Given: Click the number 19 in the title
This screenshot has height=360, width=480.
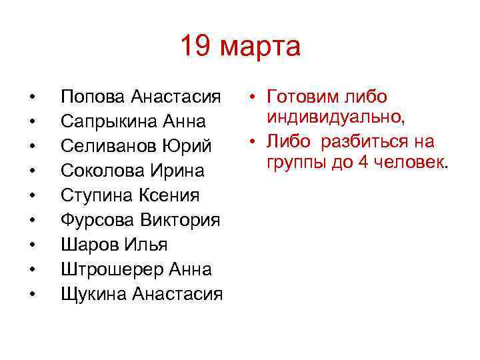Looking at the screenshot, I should pos(197,47).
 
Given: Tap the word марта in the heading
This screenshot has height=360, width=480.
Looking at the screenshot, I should pos(260,48).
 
